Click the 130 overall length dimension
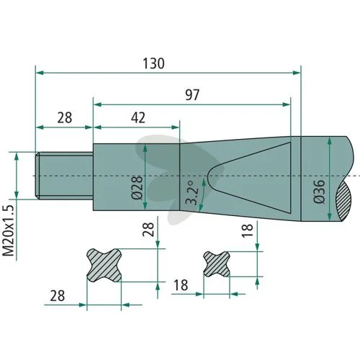click(153, 63)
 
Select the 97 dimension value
click(192, 95)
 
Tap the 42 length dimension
click(138, 118)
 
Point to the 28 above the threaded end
click(65, 118)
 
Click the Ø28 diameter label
click(137, 188)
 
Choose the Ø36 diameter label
click(319, 192)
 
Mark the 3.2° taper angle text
click(193, 193)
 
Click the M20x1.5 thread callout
click(9, 231)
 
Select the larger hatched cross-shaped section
click(104, 266)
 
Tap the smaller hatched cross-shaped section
click(217, 264)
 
